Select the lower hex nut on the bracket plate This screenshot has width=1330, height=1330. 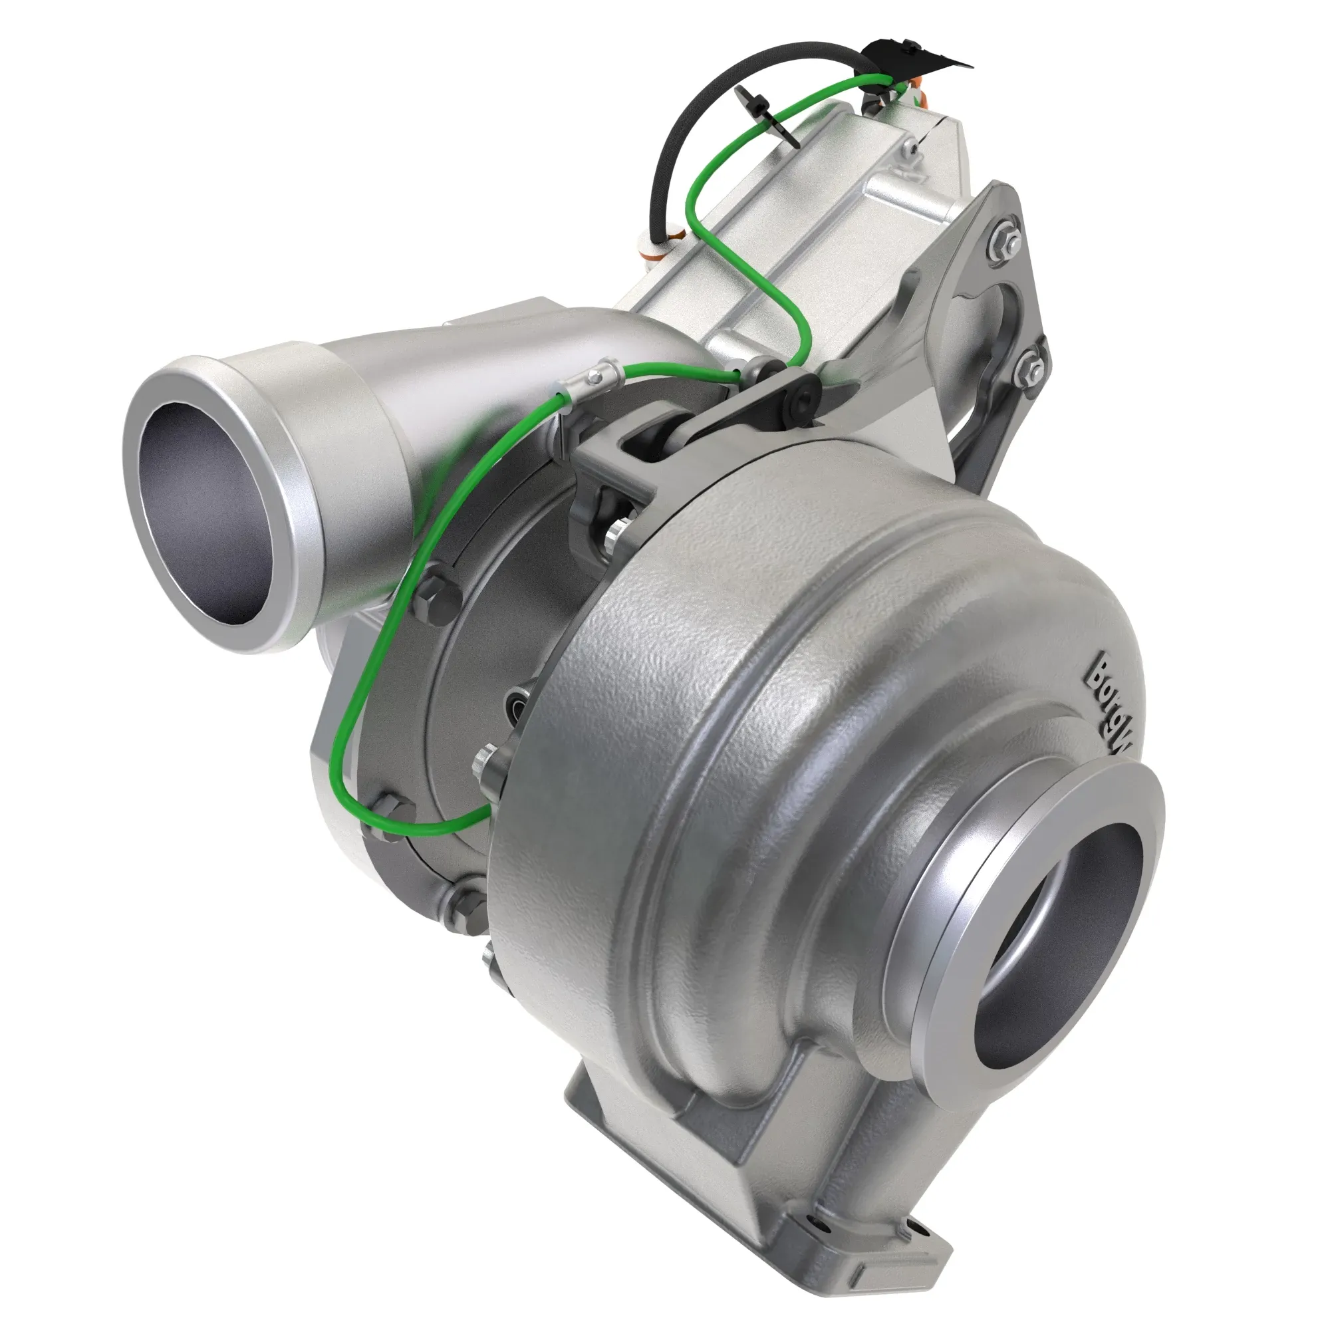point(1029,370)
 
